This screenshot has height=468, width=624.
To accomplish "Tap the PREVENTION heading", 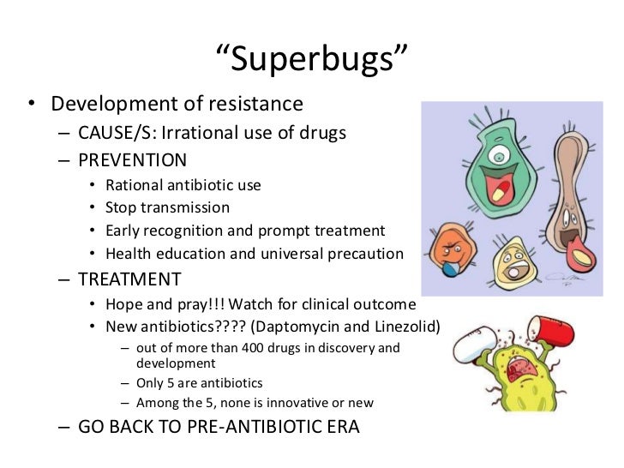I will point(133,159).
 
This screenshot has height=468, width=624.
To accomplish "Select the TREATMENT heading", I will point(129,279).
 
